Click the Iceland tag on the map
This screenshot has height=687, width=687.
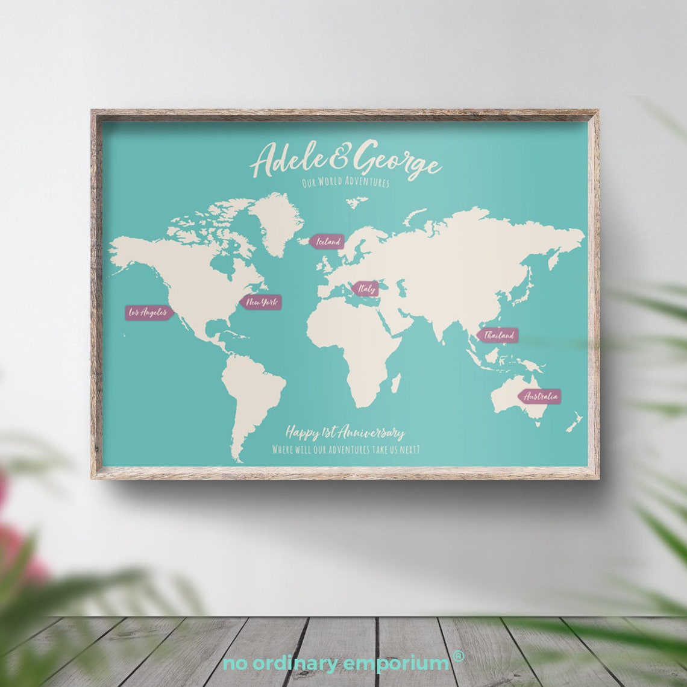point(327,242)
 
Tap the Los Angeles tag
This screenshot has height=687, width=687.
point(149,313)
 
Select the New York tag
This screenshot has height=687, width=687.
point(261,302)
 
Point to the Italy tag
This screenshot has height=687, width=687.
point(366,289)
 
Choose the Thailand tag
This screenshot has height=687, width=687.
point(498,335)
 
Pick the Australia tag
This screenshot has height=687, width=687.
point(539,397)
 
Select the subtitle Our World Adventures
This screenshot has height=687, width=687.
point(345,182)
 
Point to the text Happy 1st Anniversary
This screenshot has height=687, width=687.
point(345,433)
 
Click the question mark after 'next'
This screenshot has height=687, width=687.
point(418,450)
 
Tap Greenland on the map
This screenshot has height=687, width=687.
point(277,220)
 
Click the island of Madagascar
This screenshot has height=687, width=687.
point(396,382)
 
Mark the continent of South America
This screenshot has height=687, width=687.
point(250,395)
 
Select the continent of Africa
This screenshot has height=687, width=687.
point(356,343)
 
